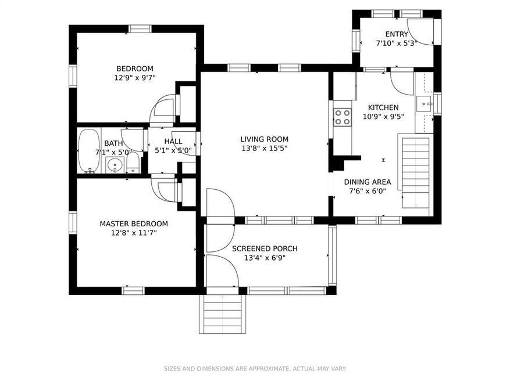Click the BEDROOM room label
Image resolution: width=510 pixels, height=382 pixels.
coord(134,67)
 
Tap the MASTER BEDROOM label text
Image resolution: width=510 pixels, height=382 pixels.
coord(134,224)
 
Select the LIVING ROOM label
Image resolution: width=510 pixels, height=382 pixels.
coord(265,139)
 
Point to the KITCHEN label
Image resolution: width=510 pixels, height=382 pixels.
coord(383,107)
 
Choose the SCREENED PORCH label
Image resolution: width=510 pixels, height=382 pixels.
coord(265,248)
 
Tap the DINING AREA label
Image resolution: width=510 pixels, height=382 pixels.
coord(370,182)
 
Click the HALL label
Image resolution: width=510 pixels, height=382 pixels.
coord(173,141)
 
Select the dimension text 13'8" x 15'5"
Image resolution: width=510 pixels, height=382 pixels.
coord(265,148)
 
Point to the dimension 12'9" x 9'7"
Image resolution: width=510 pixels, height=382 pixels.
coord(135,77)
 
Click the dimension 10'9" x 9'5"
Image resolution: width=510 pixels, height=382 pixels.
coord(383,116)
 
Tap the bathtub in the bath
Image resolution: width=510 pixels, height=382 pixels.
coord(89,151)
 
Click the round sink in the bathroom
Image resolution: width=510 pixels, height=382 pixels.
coord(116,164)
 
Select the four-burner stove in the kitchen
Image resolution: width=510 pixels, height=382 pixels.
coord(342,117)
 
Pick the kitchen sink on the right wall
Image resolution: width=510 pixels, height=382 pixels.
coord(423,105)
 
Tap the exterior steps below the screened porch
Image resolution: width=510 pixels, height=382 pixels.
coord(222,313)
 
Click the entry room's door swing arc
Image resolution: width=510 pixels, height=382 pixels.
coord(419,31)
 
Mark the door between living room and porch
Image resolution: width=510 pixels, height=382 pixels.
coord(220,203)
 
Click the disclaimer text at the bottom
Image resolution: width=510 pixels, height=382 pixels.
coord(255,369)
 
